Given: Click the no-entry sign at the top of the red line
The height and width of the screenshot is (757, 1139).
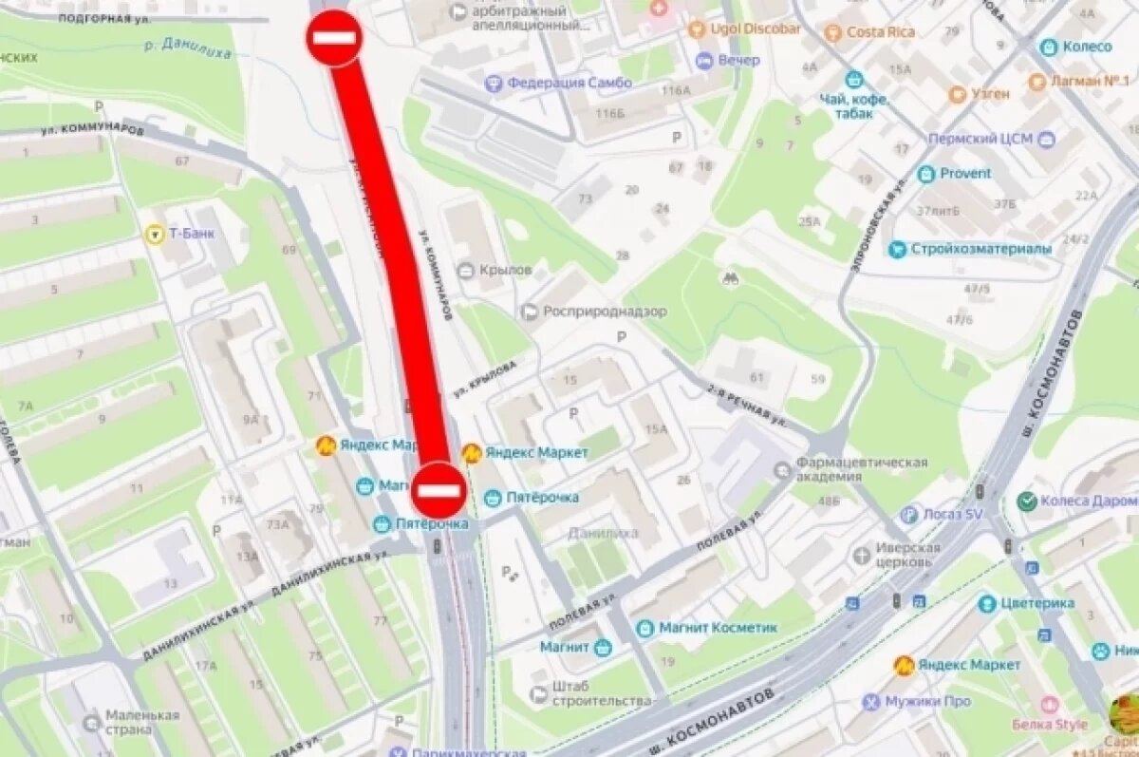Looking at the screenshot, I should point(333,38).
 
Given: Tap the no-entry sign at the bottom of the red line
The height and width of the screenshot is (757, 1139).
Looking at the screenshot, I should point(438,490).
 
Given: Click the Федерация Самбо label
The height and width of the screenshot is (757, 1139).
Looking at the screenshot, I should point(569,83).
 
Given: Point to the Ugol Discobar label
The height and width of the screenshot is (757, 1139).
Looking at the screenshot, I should point(756,28).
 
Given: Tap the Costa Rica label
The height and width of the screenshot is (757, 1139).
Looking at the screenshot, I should point(880,32).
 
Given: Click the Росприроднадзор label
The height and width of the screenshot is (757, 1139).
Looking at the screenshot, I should point(605,312).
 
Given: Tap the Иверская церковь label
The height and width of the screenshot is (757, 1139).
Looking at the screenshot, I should point(907,555).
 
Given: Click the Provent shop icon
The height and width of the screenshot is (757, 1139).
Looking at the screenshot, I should point(925,174).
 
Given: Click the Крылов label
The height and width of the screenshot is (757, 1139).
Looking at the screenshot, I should point(506,270).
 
